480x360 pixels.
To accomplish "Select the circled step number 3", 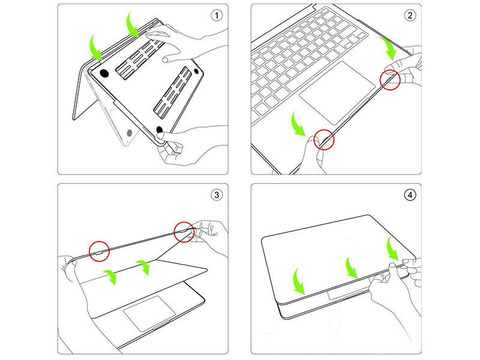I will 218,194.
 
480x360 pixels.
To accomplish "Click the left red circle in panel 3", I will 99,249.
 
